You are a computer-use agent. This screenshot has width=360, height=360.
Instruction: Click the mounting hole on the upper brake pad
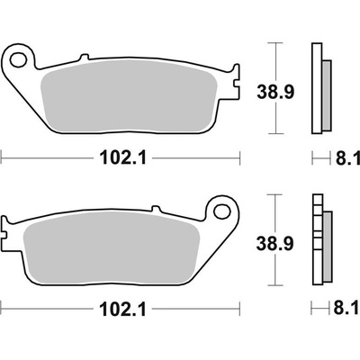coord(18,59)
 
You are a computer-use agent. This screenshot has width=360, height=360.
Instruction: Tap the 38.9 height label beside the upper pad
coord(275,93)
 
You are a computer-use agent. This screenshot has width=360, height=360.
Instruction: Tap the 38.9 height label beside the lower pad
coord(274,243)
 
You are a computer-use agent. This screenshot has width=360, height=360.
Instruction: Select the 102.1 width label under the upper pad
coord(123,157)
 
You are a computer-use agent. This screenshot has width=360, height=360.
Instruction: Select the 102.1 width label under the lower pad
coord(122,309)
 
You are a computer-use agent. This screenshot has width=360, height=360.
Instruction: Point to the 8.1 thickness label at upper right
coord(347,157)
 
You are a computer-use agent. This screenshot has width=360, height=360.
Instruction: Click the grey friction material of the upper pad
coord(130,95)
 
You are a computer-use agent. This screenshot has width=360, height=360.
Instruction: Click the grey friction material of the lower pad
coord(112,247)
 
